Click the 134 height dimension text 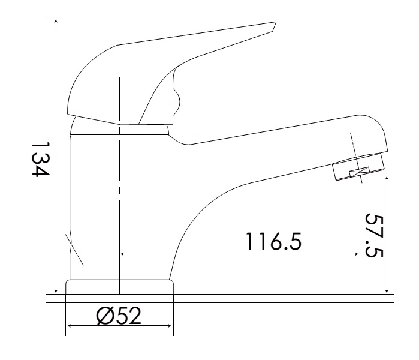[40, 159]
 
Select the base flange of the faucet [119, 287]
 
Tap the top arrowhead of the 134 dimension [56, 21]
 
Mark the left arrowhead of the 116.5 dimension [123, 254]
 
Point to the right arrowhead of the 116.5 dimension [357, 254]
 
